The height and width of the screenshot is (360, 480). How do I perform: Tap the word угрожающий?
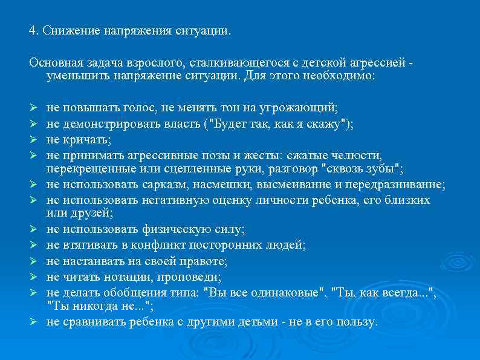click(300, 108)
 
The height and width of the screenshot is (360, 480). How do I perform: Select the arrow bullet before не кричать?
click(35, 140)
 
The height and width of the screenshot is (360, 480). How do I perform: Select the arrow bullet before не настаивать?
click(35, 261)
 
